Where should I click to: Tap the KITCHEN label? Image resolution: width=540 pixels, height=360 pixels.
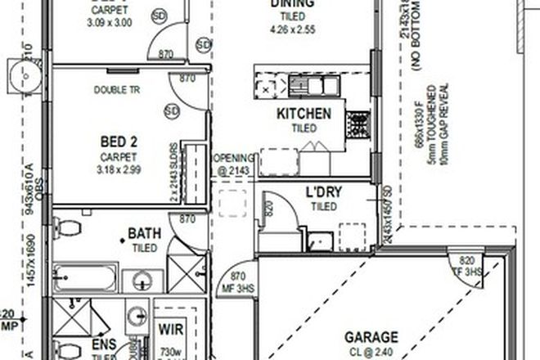[x=304, y=114]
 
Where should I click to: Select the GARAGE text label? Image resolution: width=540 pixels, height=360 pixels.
[x=371, y=336]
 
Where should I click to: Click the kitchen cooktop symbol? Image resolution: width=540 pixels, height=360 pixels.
[x=358, y=124]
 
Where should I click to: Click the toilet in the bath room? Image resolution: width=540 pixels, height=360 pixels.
[x=67, y=227]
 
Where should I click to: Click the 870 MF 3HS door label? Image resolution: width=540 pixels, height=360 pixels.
[x=239, y=282]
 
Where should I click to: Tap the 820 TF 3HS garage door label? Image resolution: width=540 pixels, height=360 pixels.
[x=468, y=267]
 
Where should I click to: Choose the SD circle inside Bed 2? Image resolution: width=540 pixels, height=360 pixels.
[x=172, y=110]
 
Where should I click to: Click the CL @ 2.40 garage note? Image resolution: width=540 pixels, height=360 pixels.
[x=371, y=352]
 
